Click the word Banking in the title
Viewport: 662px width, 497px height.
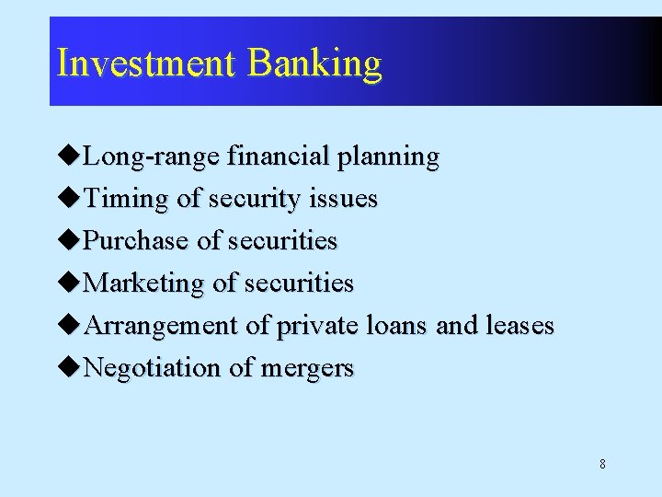314,64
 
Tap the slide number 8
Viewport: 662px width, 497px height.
602,464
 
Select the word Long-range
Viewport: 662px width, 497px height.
151,157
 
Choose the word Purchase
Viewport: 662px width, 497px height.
137,241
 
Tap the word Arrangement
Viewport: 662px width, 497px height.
162,326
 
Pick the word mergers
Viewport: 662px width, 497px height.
307,369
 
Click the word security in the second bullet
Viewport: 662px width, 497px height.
255,200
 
